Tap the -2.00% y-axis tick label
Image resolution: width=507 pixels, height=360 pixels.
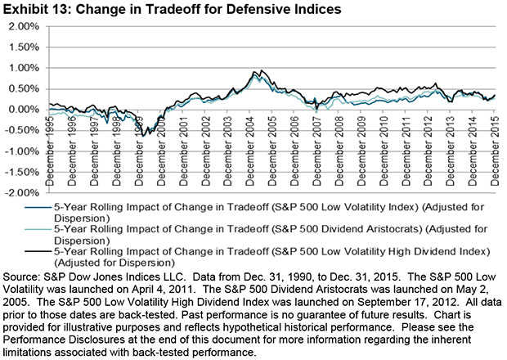[24, 192]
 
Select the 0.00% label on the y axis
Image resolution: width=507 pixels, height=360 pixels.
[25, 109]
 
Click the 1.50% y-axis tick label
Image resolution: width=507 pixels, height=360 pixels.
[25, 47]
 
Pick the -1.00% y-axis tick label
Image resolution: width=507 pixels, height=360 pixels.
[24, 151]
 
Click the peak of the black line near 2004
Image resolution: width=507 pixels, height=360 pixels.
[259, 71]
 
